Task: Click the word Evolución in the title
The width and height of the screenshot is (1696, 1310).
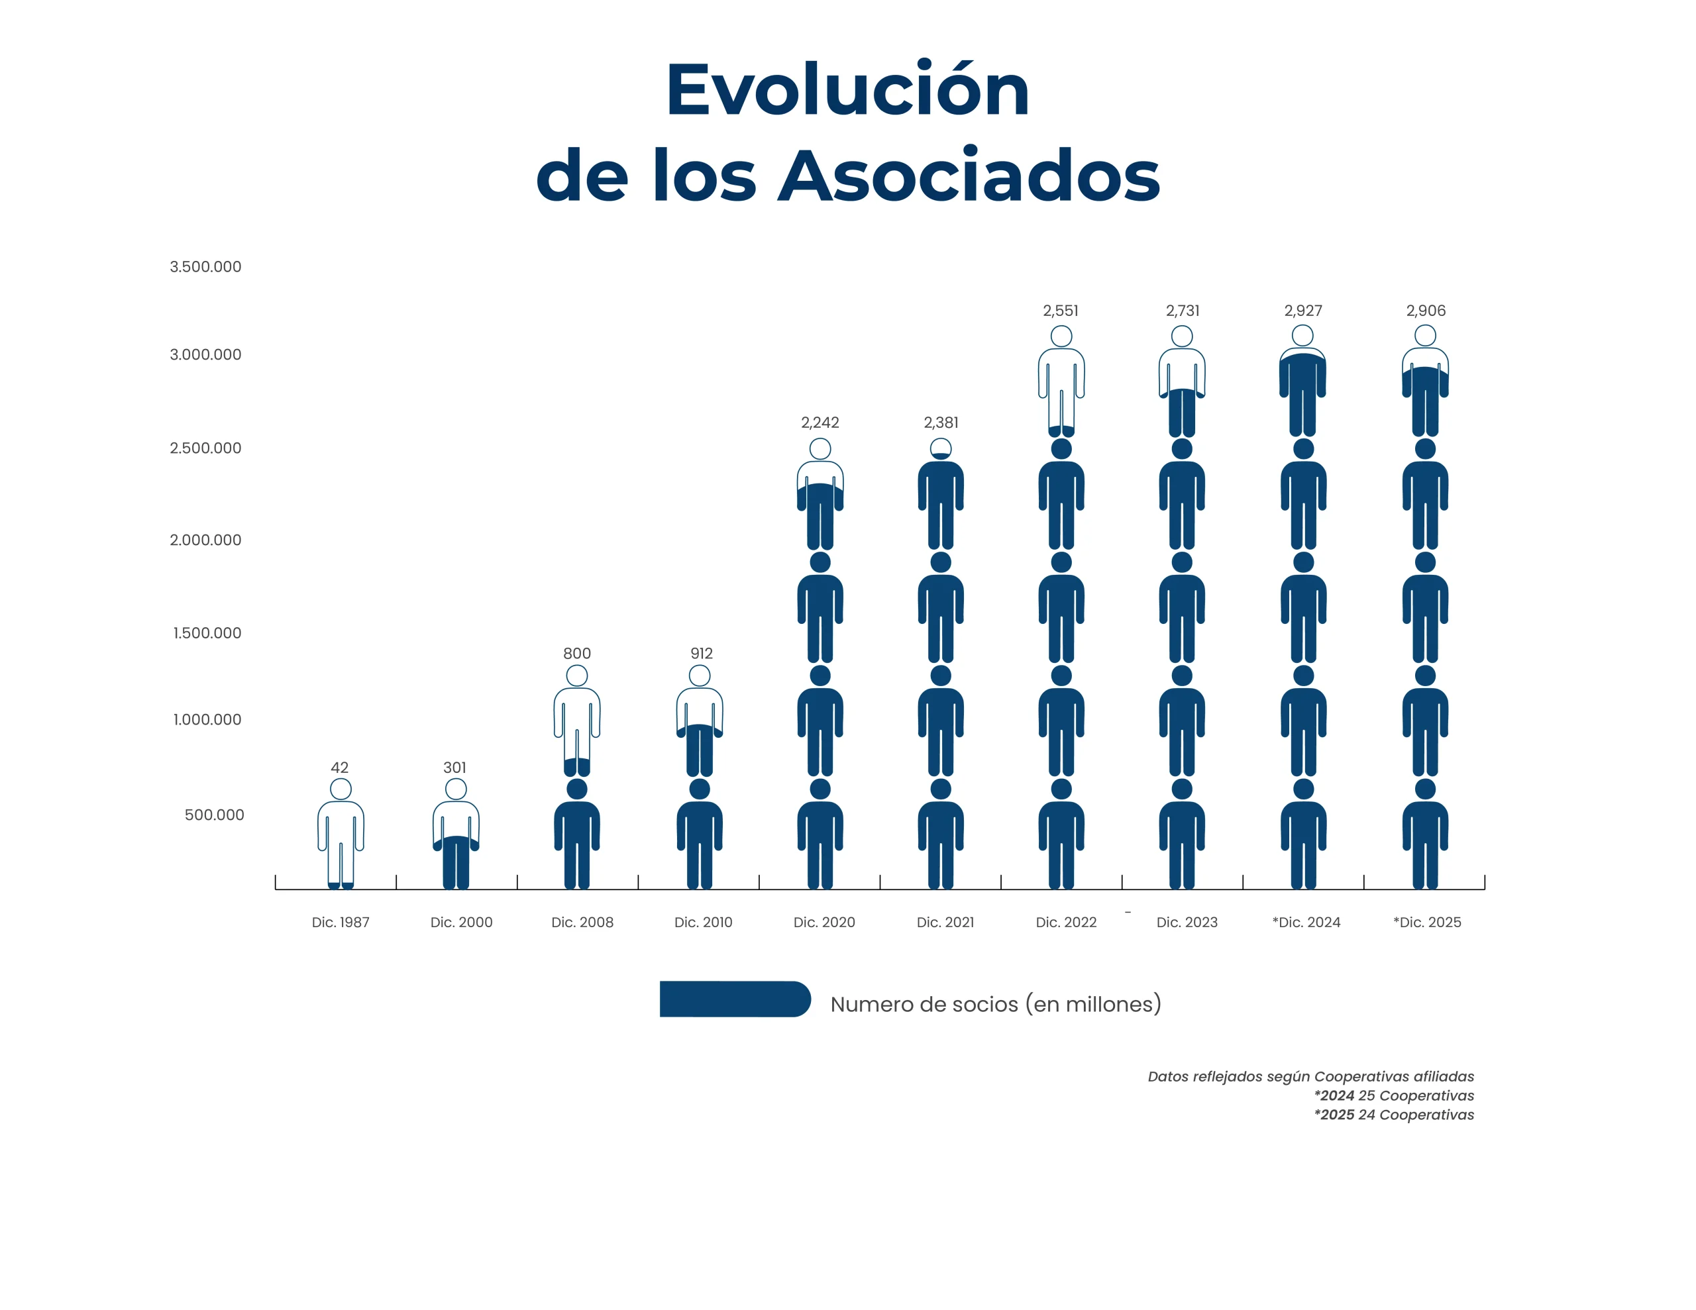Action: tap(847, 91)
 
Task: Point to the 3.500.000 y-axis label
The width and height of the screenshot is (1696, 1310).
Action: tap(206, 267)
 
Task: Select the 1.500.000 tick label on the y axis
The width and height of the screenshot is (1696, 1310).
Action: tap(207, 633)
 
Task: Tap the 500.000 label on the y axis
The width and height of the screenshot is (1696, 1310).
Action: tap(215, 815)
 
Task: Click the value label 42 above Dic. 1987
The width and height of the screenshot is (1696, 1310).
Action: tap(339, 767)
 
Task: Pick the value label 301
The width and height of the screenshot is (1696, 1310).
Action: tap(455, 767)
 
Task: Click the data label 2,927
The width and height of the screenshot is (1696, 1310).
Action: tap(1302, 311)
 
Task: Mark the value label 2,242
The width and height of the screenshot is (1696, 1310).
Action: tap(820, 423)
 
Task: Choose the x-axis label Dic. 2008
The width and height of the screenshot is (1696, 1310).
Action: tap(582, 923)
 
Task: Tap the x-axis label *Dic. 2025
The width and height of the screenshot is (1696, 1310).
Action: tap(1427, 923)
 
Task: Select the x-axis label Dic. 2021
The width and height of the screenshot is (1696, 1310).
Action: tap(945, 923)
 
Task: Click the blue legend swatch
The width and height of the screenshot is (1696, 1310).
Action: tap(735, 999)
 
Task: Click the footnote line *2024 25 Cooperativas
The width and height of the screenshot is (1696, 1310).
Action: tap(1394, 1095)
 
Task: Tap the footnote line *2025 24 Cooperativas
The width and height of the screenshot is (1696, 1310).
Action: tap(1394, 1115)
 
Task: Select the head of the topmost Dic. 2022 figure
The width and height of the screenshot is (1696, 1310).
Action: tap(1061, 336)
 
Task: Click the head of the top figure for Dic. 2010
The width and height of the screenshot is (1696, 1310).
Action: tap(700, 676)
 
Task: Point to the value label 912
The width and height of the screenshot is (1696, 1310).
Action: tap(701, 654)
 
